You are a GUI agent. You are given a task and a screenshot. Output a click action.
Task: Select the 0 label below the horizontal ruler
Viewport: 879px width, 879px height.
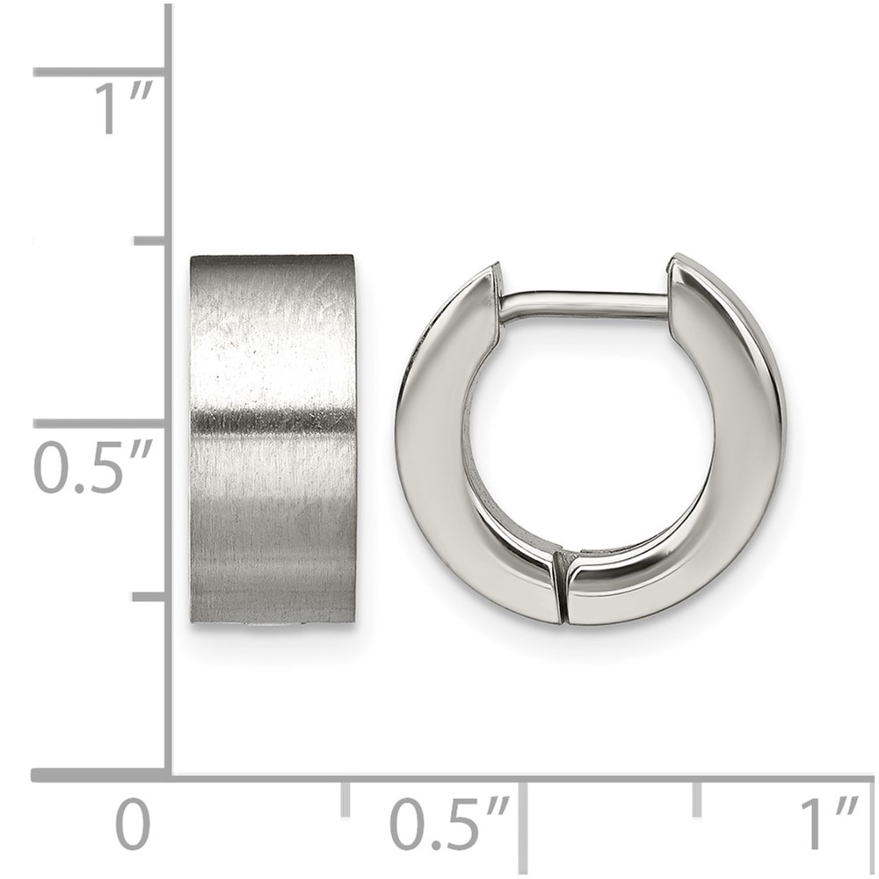pyautogui.click(x=133, y=825)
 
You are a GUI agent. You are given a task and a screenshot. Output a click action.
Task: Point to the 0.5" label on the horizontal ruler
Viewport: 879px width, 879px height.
pyautogui.click(x=449, y=825)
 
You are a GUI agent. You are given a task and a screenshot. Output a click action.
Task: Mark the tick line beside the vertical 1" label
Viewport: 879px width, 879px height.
pyautogui.click(x=100, y=72)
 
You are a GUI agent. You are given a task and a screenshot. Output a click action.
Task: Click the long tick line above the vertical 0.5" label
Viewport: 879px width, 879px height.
pyautogui.click(x=100, y=424)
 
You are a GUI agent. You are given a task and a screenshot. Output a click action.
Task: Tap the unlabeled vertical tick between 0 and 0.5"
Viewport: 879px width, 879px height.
pyautogui.click(x=149, y=597)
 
